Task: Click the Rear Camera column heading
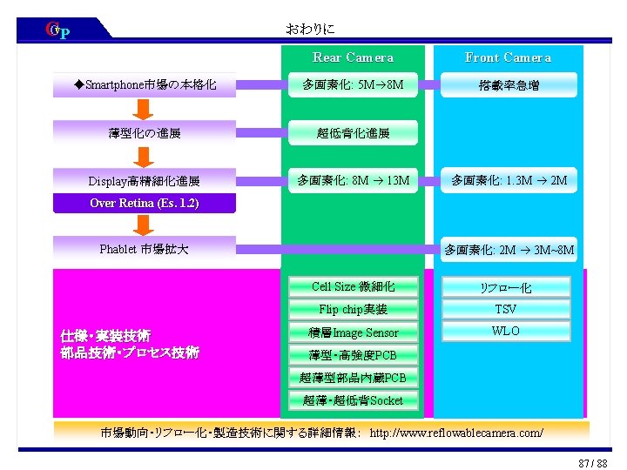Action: pyautogui.click(x=353, y=58)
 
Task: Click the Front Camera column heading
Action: pyautogui.click(x=508, y=58)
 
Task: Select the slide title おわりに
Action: pyautogui.click(x=310, y=29)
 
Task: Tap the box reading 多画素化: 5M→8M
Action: pyautogui.click(x=353, y=85)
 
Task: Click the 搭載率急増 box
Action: pyautogui.click(x=508, y=85)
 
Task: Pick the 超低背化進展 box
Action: pyautogui.click(x=353, y=133)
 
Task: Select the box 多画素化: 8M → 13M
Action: pyautogui.click(x=353, y=181)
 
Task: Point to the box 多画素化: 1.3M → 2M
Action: pyautogui.click(x=509, y=181)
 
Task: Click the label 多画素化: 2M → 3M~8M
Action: pyautogui.click(x=509, y=251)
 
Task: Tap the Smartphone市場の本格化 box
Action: pyautogui.click(x=145, y=85)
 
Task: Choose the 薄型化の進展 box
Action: pyautogui.click(x=145, y=133)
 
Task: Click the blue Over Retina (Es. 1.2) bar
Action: pyautogui.click(x=145, y=204)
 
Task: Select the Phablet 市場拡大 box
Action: pyautogui.click(x=145, y=250)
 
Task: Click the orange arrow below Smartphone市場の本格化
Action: pyautogui.click(x=145, y=109)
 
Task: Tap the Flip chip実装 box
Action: pyautogui.click(x=353, y=309)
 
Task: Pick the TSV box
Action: pyautogui.click(x=506, y=309)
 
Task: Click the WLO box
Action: pyautogui.click(x=506, y=332)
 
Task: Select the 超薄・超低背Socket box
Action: pyautogui.click(x=353, y=400)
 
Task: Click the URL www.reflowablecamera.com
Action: pyautogui.click(x=456, y=433)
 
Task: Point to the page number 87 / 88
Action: pyautogui.click(x=592, y=462)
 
